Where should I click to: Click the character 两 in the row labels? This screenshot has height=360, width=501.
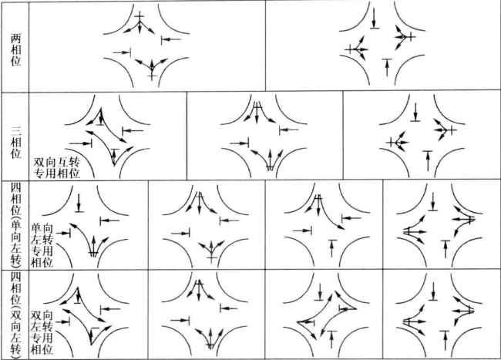click(15, 39)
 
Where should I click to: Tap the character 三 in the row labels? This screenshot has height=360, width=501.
click(15, 131)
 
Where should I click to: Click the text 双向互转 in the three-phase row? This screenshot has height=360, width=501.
click(57, 163)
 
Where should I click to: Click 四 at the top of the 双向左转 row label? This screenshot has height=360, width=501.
click(15, 276)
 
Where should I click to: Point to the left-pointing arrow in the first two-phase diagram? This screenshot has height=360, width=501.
click(171, 39)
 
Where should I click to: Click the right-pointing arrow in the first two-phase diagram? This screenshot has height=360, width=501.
click(122, 52)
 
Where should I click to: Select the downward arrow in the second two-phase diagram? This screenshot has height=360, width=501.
click(375, 19)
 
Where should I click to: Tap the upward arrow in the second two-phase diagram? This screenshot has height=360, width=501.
click(387, 67)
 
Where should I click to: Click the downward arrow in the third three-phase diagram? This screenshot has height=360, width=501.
click(415, 112)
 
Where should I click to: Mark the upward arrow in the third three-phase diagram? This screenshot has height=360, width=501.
click(428, 160)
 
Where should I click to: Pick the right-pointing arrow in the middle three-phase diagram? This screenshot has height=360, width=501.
click(239, 143)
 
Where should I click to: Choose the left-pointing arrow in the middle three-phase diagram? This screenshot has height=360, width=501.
click(289, 130)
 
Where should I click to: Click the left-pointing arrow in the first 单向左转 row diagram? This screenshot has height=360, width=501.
click(109, 220)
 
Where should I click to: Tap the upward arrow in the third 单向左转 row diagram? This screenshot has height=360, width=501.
click(333, 248)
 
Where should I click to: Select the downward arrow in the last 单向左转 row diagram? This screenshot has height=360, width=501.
click(432, 201)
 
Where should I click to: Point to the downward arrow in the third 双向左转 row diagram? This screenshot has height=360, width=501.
click(320, 291)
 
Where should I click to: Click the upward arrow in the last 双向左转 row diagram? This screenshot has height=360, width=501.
click(445, 341)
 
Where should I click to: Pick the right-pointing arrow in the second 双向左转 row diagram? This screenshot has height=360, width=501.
click(180, 320)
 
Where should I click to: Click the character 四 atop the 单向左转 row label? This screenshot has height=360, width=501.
click(15, 187)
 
